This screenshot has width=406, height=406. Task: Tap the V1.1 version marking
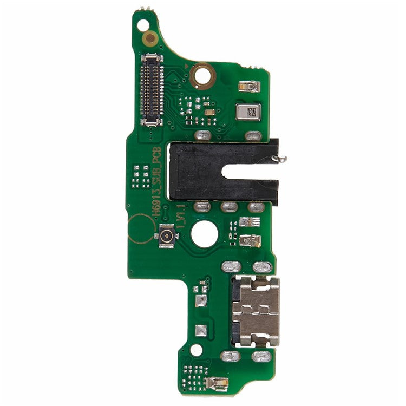(181, 214)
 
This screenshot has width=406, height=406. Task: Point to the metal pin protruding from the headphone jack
(281, 159)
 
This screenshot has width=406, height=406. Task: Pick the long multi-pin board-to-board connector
(152, 90)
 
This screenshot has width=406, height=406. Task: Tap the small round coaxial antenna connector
(166, 237)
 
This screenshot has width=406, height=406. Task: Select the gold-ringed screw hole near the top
(203, 75)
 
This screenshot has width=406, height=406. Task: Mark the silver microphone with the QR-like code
(250, 113)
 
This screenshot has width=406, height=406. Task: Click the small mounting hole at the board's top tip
(143, 25)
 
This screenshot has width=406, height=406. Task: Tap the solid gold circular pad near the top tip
(150, 38)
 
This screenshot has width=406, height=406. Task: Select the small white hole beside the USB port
(197, 350)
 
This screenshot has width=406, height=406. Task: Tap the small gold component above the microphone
(249, 85)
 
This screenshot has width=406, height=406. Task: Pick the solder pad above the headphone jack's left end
(201, 135)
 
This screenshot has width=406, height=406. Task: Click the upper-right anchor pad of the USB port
(263, 267)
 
